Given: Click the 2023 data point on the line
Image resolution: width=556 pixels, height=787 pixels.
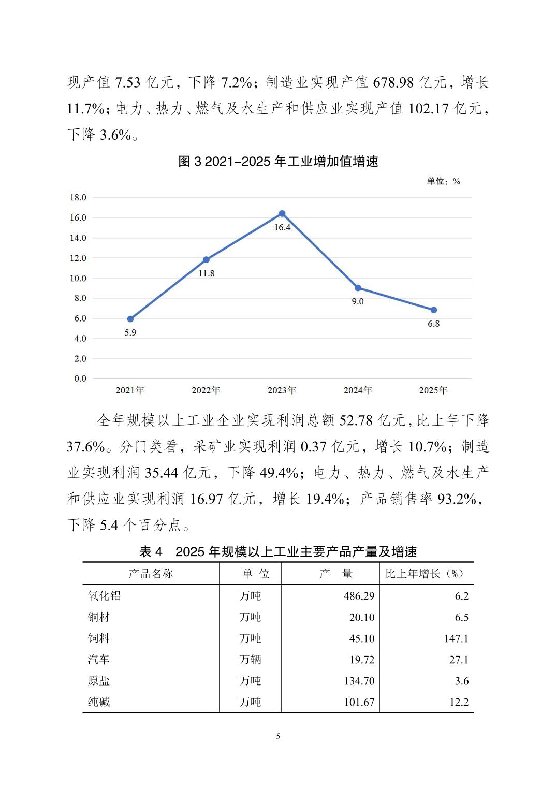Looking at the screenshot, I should (282, 213).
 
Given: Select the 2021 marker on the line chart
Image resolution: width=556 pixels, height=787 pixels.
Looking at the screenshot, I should (130, 319).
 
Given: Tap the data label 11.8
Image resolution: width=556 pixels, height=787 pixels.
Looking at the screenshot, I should (206, 273).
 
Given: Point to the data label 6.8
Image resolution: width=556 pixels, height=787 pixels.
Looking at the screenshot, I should (433, 324).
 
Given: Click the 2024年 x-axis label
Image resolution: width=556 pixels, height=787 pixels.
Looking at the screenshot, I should (358, 390).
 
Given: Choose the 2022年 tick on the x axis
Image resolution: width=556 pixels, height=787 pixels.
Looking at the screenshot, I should (206, 390).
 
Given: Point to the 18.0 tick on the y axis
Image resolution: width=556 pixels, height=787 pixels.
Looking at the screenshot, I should (78, 197).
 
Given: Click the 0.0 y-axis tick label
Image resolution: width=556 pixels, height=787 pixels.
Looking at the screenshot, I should (80, 378).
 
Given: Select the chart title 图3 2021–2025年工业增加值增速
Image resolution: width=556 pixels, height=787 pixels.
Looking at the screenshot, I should (278, 162).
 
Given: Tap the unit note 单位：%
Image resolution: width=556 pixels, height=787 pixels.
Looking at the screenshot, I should (443, 181).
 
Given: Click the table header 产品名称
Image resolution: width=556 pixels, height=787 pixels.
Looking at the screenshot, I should (151, 574).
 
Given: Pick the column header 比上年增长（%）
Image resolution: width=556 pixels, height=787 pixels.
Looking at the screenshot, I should (425, 574).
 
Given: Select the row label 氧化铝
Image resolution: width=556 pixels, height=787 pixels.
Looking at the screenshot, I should (105, 596).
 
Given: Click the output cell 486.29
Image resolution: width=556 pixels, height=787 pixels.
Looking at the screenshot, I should (359, 596).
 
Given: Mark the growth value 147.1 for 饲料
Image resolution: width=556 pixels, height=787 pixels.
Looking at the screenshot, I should (456, 638).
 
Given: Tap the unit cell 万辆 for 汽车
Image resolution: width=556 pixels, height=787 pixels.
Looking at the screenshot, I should (251, 660).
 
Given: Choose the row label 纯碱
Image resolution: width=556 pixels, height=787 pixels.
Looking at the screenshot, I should (99, 702).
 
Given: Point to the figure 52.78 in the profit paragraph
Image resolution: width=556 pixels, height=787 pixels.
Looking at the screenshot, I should (356, 420).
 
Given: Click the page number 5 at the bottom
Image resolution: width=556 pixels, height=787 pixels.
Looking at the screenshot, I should (278, 736).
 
